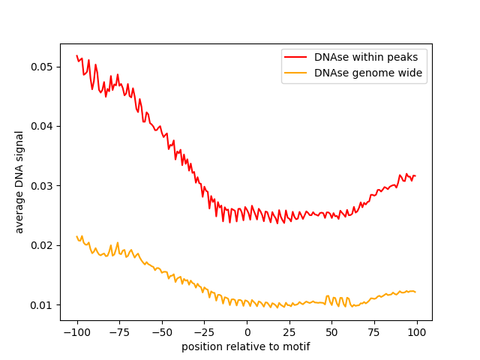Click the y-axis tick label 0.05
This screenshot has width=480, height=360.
(42, 67)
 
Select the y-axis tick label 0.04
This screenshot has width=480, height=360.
(42, 126)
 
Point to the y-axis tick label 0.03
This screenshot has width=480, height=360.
(42, 186)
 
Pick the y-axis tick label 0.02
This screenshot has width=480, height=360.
(42, 245)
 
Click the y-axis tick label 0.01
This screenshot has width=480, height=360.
(42, 305)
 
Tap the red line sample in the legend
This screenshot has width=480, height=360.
(298, 57)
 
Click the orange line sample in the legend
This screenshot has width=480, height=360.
(298, 73)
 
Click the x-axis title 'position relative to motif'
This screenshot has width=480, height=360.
(246, 346)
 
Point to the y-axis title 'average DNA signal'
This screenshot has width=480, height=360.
(19, 182)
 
